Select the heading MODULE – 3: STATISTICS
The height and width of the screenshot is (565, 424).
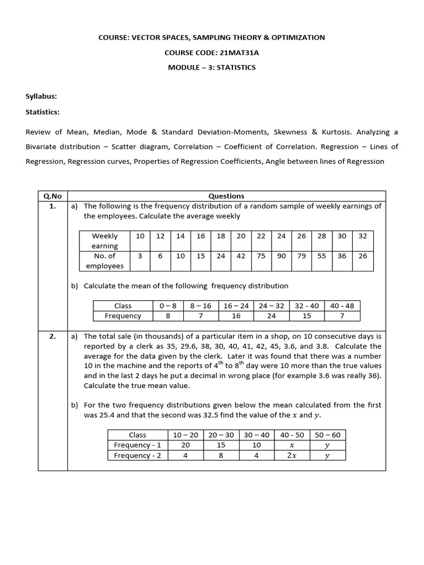click(x=211, y=67)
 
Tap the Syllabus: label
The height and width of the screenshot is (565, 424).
click(x=41, y=97)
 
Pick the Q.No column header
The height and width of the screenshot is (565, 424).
click(x=52, y=196)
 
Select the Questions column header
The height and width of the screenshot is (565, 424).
click(x=226, y=196)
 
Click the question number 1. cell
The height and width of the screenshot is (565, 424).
click(x=52, y=206)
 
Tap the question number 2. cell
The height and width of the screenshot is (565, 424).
click(x=52, y=336)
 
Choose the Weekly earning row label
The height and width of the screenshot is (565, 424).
click(x=104, y=241)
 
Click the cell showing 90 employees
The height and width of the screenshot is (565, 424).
click(x=282, y=256)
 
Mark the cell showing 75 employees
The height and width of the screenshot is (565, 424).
click(x=261, y=256)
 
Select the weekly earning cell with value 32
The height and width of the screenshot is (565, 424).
click(x=362, y=236)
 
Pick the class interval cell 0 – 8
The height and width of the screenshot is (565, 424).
click(x=167, y=306)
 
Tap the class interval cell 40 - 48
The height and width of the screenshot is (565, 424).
click(x=342, y=306)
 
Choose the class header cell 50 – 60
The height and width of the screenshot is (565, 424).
click(x=328, y=435)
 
